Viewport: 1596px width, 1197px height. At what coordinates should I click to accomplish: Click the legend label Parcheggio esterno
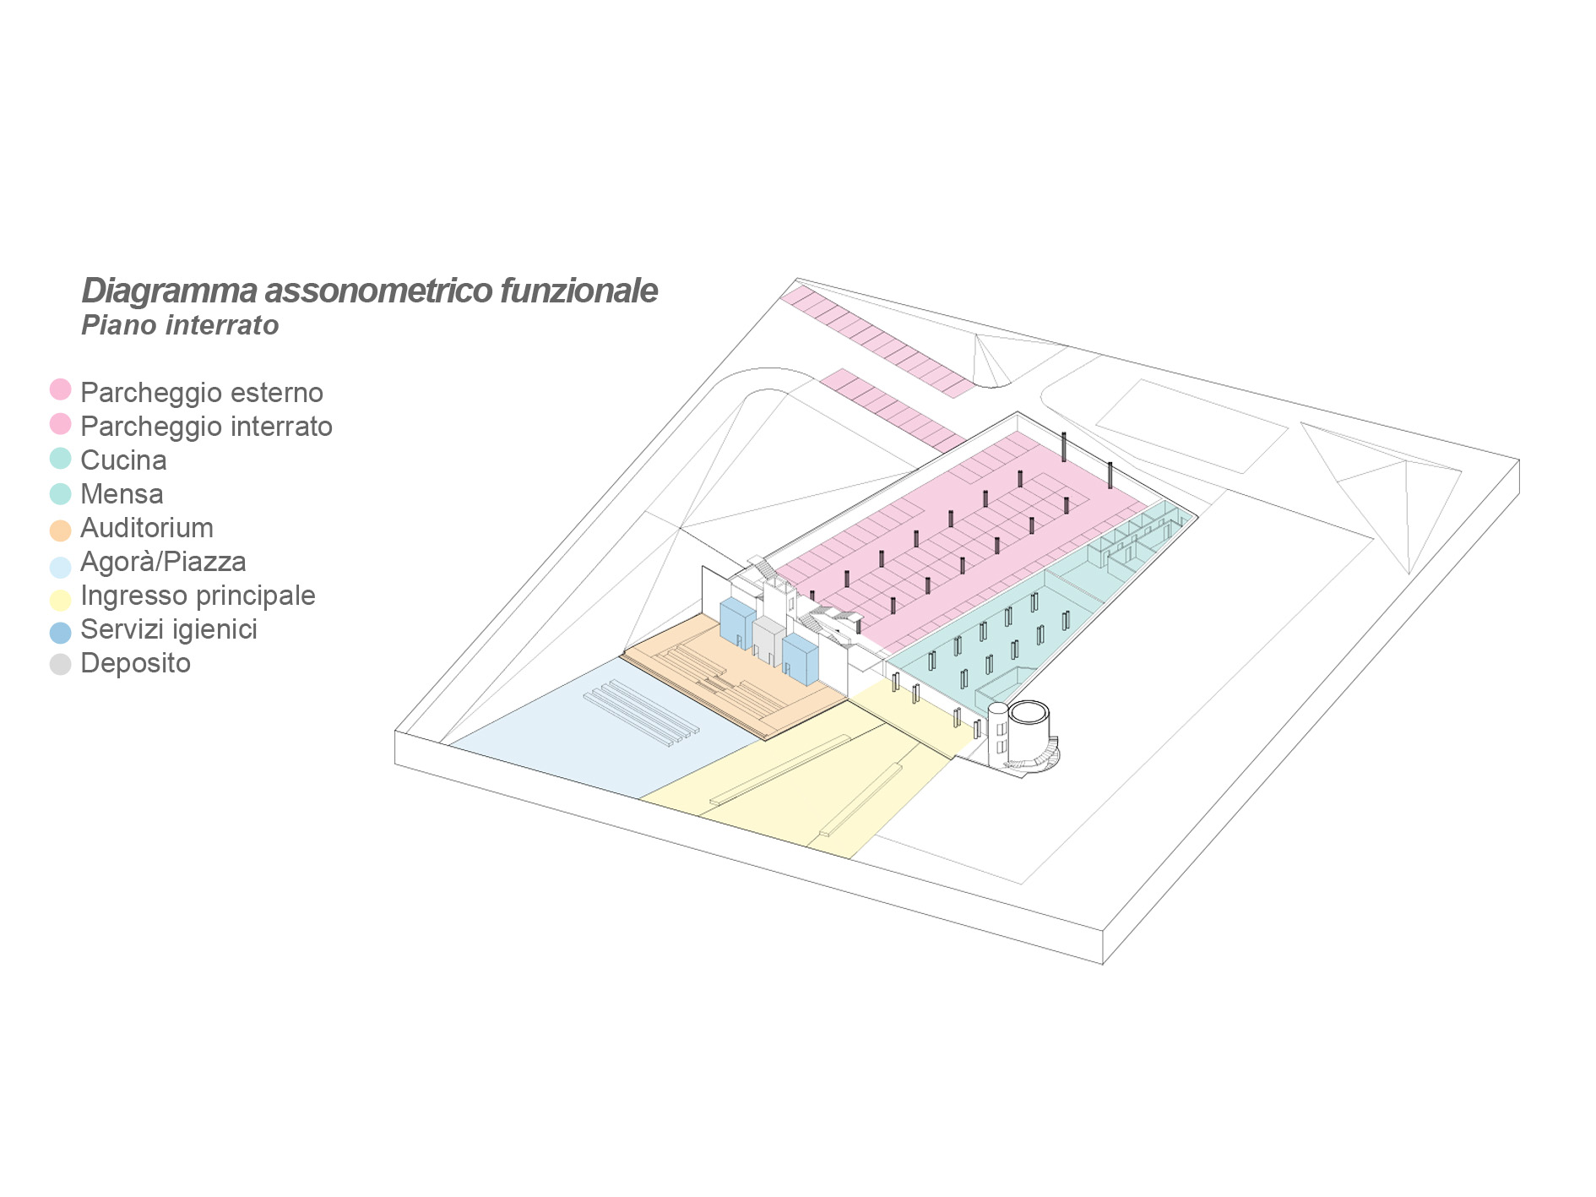tap(201, 393)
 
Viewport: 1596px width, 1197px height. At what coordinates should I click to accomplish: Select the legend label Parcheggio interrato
tap(206, 427)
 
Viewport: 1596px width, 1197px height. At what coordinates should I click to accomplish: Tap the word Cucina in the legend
tap(123, 460)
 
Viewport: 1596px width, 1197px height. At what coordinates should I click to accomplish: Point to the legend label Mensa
tap(122, 494)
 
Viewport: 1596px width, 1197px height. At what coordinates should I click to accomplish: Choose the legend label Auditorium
tap(146, 528)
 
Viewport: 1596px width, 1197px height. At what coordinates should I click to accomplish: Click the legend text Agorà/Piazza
tap(163, 562)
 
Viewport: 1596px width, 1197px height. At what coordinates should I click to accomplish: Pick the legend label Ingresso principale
tap(198, 596)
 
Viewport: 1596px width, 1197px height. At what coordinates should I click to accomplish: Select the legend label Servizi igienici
tap(168, 629)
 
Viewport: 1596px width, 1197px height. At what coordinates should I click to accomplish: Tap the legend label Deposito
tap(135, 663)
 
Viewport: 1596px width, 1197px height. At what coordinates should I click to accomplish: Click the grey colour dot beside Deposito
tap(60, 665)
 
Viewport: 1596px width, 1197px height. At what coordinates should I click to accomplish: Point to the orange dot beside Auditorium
tap(60, 530)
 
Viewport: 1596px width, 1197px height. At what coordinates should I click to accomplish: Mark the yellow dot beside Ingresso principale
tap(60, 599)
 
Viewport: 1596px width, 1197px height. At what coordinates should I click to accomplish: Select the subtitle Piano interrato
tap(180, 325)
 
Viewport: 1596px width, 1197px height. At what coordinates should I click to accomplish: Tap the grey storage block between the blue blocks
tap(768, 640)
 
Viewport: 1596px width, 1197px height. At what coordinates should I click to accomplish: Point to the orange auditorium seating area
tap(726, 684)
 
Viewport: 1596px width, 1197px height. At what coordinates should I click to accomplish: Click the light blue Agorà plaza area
tap(591, 743)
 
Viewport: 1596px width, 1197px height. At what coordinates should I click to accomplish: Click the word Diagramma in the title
tap(169, 291)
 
